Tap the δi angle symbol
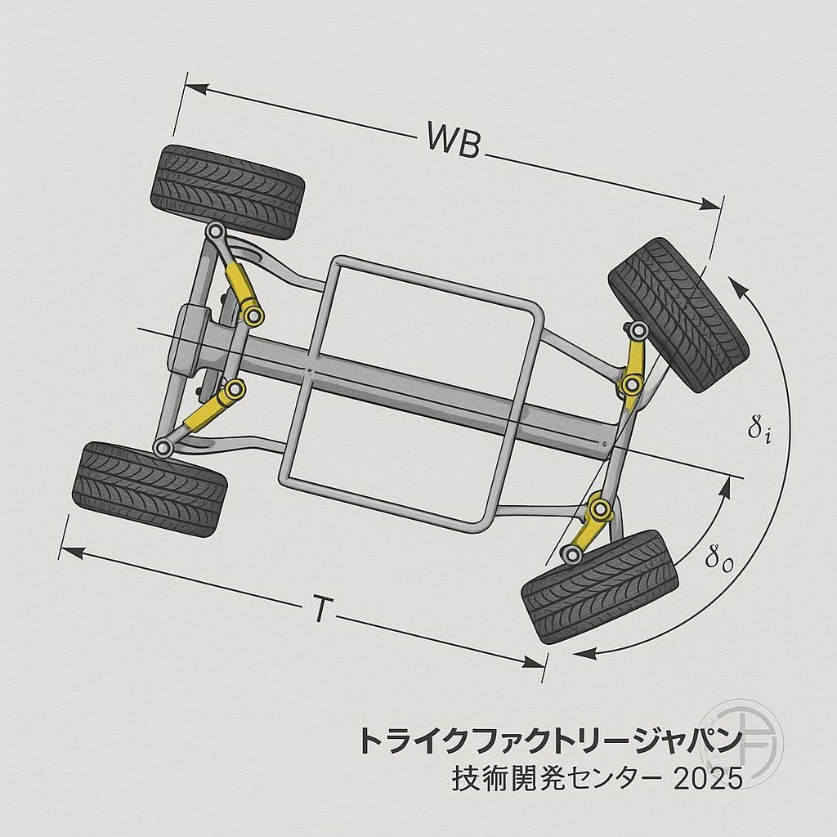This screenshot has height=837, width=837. point(759,429)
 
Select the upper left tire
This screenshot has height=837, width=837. point(227,191)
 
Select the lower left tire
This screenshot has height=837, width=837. point(150,488)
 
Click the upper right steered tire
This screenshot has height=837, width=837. point(678,315)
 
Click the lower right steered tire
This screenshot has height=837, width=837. point(599,586)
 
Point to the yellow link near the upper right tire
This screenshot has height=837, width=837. point(633,365)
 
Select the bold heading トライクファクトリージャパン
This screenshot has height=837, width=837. point(549,741)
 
